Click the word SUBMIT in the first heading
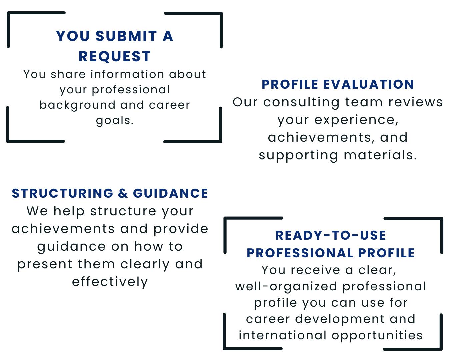coord(126,36)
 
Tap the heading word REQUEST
coord(115,56)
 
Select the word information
coord(127,74)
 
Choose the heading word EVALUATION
coord(368,85)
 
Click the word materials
coord(380,155)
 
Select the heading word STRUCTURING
coord(63,193)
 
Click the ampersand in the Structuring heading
coord(123,193)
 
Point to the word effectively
coord(110,282)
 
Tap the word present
coord(45,265)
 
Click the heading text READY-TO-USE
coord(331,235)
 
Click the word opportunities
coord(377,336)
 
